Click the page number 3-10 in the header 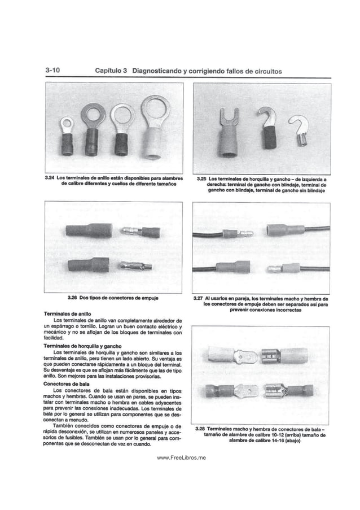click(54, 71)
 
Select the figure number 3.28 click(203, 430)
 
